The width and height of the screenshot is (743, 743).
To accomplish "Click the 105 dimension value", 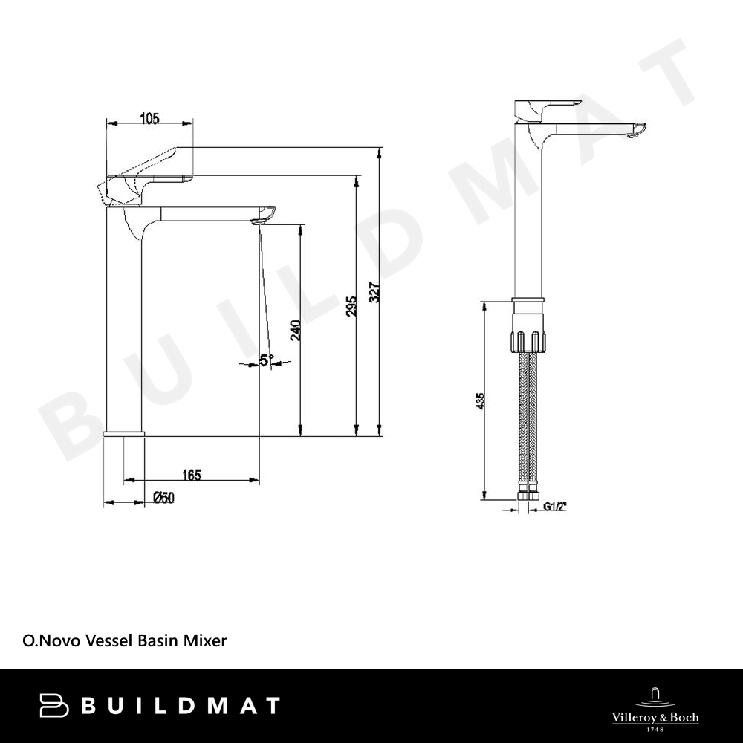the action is point(150,118).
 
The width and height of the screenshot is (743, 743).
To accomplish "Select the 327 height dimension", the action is point(374,292).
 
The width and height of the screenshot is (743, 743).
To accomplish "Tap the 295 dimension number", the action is point(351,307).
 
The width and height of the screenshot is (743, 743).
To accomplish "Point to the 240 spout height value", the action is point(295,331).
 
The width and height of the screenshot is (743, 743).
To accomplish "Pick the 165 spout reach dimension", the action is point(192,475).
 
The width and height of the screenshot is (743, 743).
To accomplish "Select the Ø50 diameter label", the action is point(164,498).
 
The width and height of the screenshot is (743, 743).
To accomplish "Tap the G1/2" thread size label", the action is point(555,507).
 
